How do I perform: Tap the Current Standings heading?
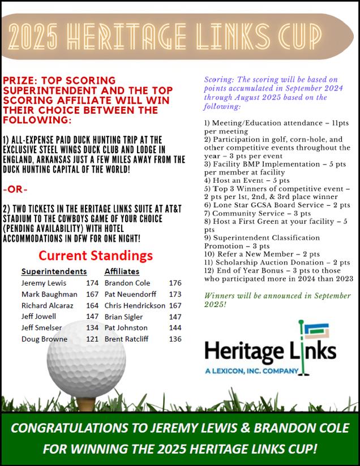tap(96, 255)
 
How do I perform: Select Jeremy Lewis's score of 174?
tap(92, 283)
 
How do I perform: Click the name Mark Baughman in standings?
tap(49, 294)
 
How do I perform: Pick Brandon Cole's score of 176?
tap(175, 283)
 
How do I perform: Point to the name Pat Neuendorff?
tap(130, 294)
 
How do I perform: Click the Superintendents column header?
tap(54, 271)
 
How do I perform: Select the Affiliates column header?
tap(122, 271)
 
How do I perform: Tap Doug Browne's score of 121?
tap(92, 339)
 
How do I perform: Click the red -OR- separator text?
tap(15, 188)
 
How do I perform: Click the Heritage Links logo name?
tap(269, 351)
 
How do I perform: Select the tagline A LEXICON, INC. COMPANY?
tap(252, 371)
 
